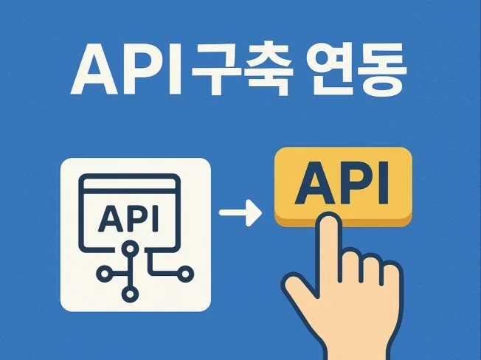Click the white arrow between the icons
[x=240, y=215]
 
